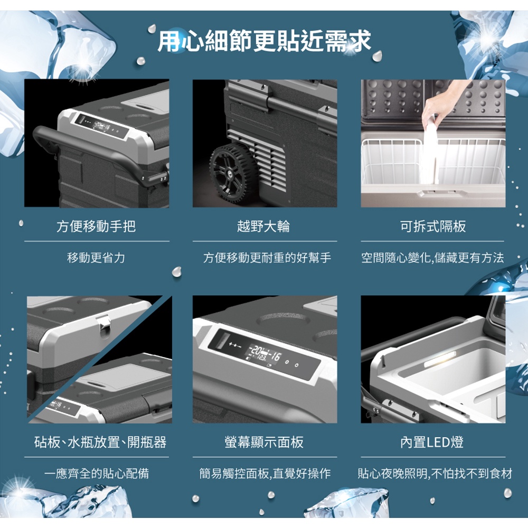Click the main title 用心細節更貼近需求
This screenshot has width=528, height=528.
(264, 41)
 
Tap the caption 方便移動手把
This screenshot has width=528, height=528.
(96, 226)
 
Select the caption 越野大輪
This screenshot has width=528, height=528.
(263, 226)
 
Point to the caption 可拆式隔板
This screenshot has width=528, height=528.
(433, 226)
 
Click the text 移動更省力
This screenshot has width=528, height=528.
(96, 258)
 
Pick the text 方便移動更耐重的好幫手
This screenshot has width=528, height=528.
(267, 258)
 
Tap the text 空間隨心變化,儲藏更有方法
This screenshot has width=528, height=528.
(433, 258)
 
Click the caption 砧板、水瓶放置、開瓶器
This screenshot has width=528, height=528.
(100, 442)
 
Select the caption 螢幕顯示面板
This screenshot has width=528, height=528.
(264, 442)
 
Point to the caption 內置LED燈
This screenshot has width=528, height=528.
(432, 442)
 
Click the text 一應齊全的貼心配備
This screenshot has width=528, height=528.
(96, 474)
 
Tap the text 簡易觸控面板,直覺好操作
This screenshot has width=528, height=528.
(265, 474)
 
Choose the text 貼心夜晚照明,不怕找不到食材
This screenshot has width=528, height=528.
(435, 474)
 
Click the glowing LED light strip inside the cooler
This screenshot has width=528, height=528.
(440, 359)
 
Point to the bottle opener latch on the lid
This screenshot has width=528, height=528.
(104, 324)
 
